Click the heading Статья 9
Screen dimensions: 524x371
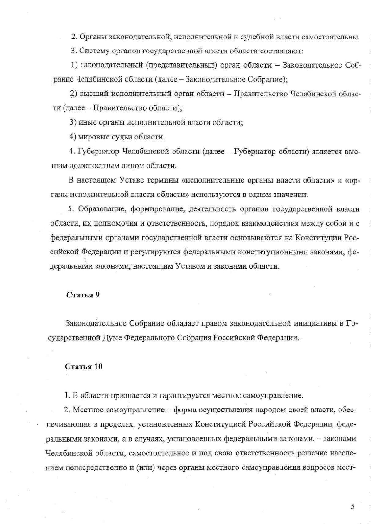point(83,295)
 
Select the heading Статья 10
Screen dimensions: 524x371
point(84,366)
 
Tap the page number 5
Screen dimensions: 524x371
point(353,506)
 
